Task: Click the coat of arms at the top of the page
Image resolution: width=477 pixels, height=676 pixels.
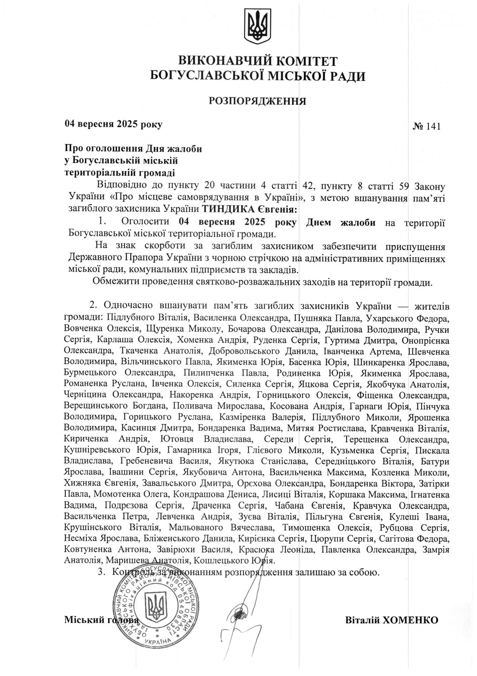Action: pos(257,27)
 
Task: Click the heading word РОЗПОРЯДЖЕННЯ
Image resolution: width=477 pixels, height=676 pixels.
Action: pos(257,101)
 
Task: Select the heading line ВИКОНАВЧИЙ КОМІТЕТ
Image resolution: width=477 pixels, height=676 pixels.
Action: pos(257,61)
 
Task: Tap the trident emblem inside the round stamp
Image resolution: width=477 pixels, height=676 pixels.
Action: pos(155,607)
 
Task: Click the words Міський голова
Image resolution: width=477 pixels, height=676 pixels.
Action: pos(101,620)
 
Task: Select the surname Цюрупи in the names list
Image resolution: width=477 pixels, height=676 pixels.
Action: pos(328,539)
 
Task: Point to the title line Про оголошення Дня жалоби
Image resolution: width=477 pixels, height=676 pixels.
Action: pos(133,149)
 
